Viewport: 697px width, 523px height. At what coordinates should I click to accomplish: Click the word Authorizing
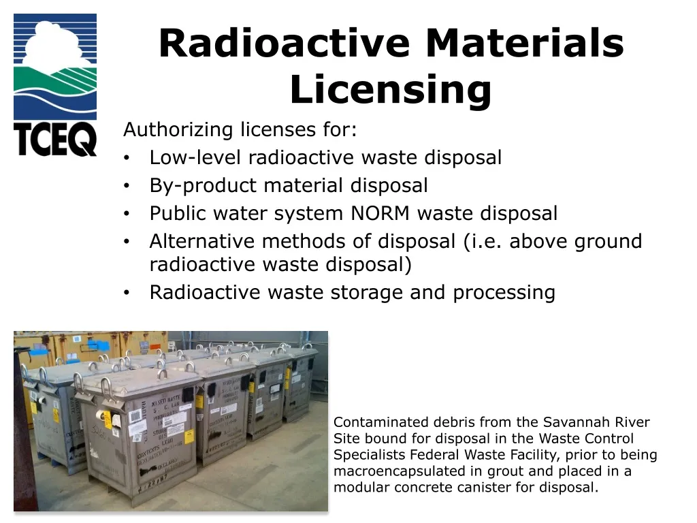coord(179,129)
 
